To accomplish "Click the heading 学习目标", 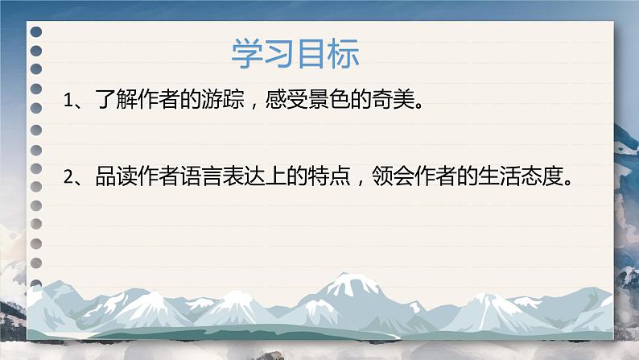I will pyautogui.click(x=295, y=54).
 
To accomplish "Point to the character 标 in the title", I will pyautogui.click(x=344, y=54).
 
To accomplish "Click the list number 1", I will pyautogui.click(x=68, y=101).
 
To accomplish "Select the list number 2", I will pyautogui.click(x=68, y=178).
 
